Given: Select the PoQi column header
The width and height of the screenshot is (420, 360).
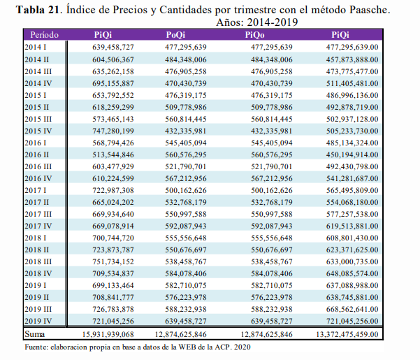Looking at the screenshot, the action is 175,35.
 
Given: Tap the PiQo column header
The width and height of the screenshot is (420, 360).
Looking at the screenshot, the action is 254,35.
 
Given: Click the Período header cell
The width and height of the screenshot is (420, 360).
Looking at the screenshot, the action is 44,35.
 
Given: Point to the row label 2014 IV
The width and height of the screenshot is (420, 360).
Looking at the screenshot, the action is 38,83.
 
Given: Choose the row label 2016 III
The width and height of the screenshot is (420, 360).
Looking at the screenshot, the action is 38,166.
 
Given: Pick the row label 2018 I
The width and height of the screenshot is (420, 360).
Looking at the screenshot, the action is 36,238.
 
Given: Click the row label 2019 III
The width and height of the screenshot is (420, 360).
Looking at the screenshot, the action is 38,309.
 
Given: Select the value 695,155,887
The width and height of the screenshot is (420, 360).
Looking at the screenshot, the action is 113,83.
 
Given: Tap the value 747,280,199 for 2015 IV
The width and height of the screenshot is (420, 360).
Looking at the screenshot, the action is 113,131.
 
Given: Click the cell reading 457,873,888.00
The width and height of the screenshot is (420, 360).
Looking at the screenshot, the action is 352,59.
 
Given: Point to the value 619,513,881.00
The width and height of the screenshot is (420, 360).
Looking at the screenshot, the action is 352,226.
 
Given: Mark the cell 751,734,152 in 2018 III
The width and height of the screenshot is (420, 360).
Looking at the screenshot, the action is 113,261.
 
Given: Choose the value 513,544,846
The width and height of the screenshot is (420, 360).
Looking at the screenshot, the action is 113,154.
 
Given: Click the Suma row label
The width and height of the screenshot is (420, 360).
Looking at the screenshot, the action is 35,334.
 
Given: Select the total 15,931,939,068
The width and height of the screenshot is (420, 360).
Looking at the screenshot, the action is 108,334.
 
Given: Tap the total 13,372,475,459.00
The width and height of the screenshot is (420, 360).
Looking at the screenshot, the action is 347,334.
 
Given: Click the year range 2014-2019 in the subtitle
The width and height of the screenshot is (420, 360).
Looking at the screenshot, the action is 273,22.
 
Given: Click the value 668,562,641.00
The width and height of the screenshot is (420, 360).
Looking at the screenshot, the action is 352,309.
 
